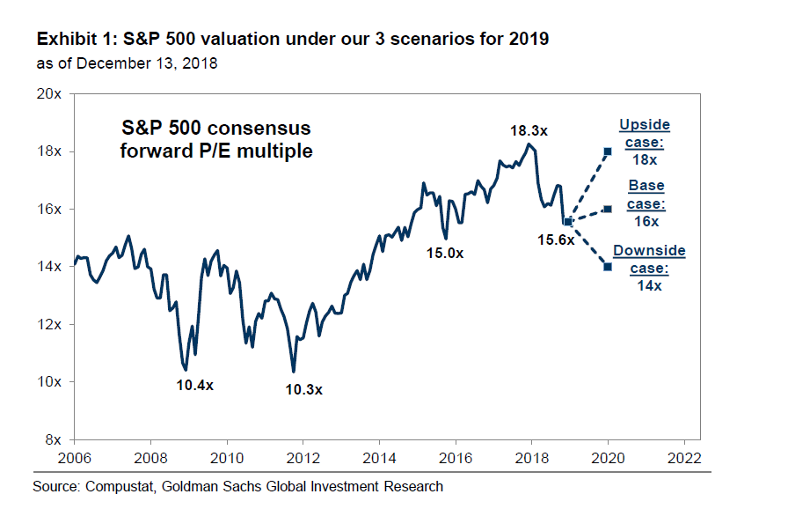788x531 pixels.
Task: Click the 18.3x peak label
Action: click(x=529, y=130)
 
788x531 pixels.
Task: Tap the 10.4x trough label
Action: click(x=194, y=385)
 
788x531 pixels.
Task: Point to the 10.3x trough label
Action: click(x=303, y=388)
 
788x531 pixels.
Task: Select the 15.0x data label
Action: click(x=445, y=253)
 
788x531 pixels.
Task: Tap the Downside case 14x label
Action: click(x=648, y=268)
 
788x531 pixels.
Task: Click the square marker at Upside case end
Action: click(x=607, y=151)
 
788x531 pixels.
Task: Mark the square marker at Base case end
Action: click(x=607, y=209)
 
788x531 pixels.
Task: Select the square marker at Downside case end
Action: click(x=607, y=267)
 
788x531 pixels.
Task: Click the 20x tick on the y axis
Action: click(x=49, y=93)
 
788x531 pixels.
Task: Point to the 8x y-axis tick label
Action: click(x=53, y=439)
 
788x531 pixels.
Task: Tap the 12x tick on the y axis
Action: click(x=49, y=324)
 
